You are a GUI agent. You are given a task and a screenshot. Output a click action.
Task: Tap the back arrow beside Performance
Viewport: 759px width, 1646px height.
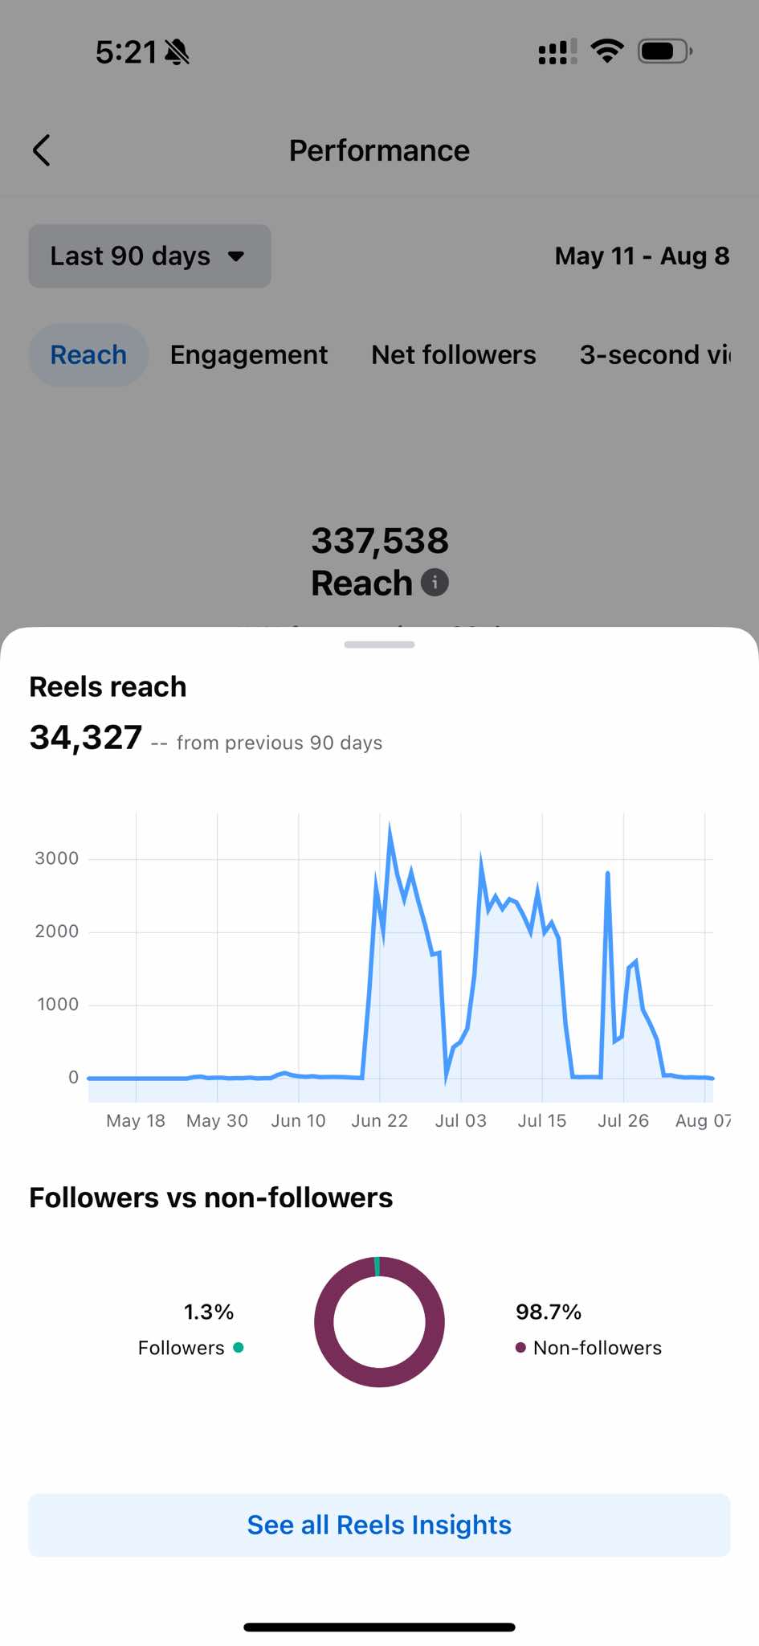click(x=42, y=150)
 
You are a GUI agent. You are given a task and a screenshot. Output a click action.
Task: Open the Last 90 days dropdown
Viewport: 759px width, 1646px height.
click(x=149, y=256)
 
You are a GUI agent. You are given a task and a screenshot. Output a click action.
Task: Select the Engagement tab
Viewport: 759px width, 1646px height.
click(x=249, y=355)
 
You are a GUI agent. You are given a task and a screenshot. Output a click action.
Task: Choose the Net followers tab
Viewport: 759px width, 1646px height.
click(x=454, y=355)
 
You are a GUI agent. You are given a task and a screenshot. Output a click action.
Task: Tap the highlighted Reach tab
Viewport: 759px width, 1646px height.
click(x=88, y=355)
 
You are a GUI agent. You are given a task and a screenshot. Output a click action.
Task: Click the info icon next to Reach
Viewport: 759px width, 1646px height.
click(x=435, y=583)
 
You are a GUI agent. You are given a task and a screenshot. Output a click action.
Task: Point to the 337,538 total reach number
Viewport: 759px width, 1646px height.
click(x=380, y=541)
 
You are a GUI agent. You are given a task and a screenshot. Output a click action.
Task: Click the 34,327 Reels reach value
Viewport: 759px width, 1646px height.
click(x=86, y=737)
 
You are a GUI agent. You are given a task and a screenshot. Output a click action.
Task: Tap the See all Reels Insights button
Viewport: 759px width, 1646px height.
click(x=379, y=1525)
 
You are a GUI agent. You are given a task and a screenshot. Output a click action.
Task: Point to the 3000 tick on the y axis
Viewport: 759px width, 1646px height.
click(x=57, y=858)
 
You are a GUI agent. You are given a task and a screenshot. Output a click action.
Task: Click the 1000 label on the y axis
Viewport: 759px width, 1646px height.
click(x=58, y=1005)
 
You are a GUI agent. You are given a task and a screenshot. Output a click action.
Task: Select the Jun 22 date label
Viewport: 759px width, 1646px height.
click(x=380, y=1120)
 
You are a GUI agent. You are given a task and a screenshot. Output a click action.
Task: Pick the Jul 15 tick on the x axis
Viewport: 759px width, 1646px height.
click(x=542, y=1120)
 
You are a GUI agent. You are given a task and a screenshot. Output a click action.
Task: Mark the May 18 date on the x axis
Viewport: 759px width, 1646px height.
click(x=136, y=1120)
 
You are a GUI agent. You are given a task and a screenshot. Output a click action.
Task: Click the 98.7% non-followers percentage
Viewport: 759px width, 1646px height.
click(x=549, y=1312)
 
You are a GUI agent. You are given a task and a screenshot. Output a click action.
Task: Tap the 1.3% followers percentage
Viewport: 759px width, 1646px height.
click(x=209, y=1312)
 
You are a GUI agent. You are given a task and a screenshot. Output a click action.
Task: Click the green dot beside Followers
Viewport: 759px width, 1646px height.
click(x=239, y=1348)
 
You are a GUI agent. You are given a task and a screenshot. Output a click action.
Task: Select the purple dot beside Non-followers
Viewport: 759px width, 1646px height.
click(x=520, y=1348)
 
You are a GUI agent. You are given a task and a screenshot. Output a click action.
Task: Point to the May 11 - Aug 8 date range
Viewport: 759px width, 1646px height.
click(x=642, y=256)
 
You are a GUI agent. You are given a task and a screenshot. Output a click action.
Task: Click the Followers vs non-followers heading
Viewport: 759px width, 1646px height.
click(x=211, y=1198)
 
